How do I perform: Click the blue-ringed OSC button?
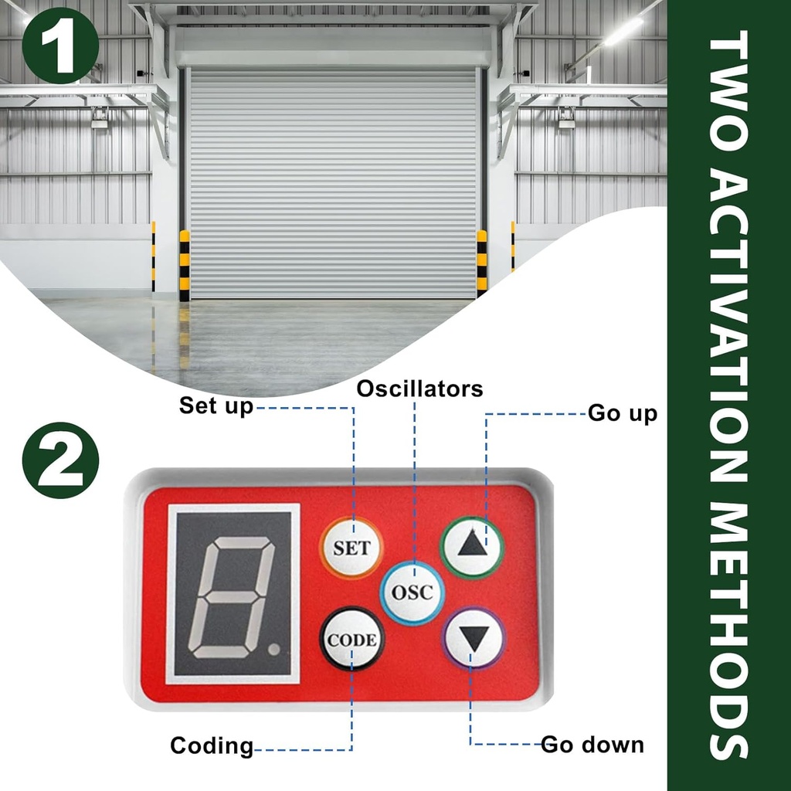(412, 593)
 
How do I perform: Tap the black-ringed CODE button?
(351, 639)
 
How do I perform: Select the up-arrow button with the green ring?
(472, 547)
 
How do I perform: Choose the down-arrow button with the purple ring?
(473, 639)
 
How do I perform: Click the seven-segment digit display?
(233, 594)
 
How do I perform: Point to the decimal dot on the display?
(273, 650)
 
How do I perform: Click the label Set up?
(216, 406)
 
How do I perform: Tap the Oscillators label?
(419, 389)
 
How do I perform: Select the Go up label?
(623, 413)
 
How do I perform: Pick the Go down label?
(592, 745)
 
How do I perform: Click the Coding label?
(212, 746)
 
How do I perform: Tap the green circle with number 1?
(60, 45)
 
